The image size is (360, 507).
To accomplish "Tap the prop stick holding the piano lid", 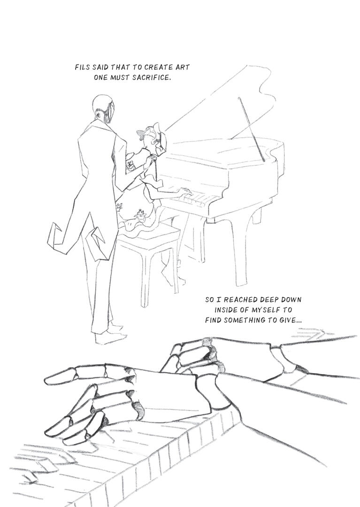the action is (252, 129).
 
